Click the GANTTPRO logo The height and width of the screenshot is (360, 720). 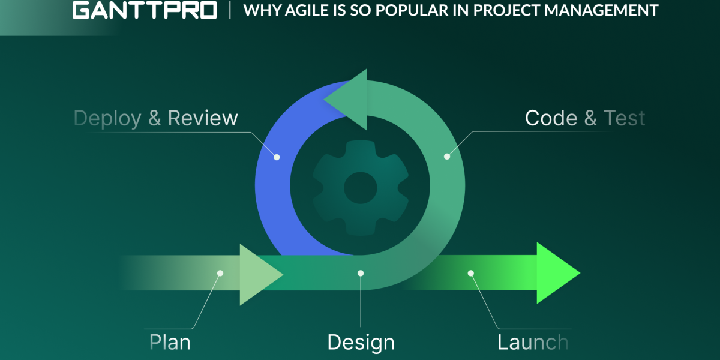click(145, 11)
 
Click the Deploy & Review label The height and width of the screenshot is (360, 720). click(156, 118)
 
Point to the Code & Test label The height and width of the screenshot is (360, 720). click(584, 118)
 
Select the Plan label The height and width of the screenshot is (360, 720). click(170, 343)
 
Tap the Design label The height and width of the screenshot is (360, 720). click(361, 343)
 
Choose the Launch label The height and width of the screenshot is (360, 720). click(532, 343)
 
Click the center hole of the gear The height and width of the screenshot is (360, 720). click(360, 188)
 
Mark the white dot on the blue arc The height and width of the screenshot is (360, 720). click(277, 157)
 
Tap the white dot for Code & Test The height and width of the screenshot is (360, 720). click(446, 157)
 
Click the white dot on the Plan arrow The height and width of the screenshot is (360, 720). click(220, 273)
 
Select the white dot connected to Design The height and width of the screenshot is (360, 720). click(361, 273)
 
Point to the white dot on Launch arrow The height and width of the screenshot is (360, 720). click(471, 273)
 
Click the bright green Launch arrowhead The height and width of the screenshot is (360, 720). click(555, 273)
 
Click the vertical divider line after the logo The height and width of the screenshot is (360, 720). click(230, 11)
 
